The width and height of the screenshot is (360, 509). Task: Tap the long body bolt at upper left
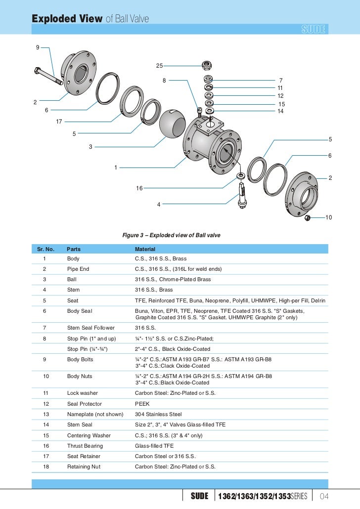(47, 76)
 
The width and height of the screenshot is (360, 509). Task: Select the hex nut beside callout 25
(208, 65)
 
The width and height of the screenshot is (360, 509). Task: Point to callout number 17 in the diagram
(59, 122)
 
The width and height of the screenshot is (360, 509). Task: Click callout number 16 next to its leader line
(139, 188)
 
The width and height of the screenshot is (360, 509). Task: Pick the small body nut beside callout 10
(308, 218)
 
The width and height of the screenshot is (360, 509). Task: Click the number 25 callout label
(159, 66)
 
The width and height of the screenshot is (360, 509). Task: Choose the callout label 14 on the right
(280, 111)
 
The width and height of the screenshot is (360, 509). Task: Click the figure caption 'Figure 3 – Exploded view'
(171, 235)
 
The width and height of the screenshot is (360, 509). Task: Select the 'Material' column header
(145, 249)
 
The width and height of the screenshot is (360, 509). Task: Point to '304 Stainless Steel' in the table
(158, 414)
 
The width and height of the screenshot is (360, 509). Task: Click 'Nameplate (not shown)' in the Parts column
(95, 414)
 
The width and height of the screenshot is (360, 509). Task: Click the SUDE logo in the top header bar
(314, 30)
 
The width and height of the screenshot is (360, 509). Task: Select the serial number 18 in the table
(45, 467)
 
